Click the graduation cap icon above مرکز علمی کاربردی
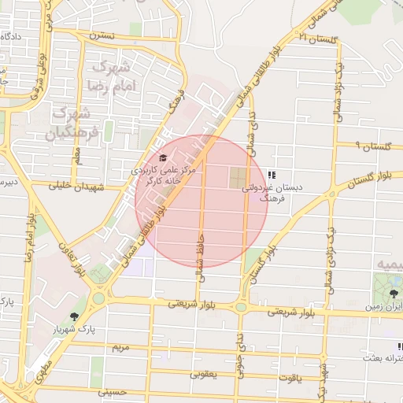point(163,158)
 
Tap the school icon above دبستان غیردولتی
point(272,175)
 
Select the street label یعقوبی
point(202,374)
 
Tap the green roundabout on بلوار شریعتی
point(241,307)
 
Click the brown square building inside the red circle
point(238,178)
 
